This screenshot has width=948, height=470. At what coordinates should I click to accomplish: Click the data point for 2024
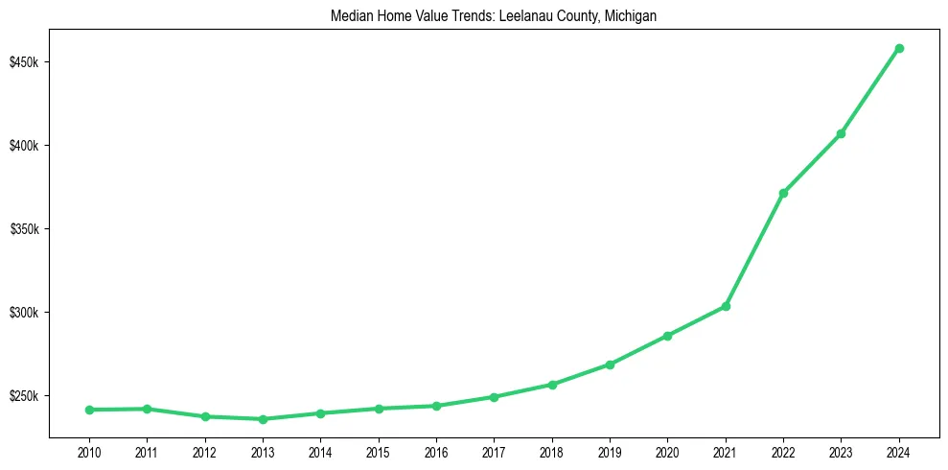pyautogui.click(x=899, y=48)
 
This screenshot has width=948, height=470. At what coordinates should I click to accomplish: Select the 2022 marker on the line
pyautogui.click(x=783, y=193)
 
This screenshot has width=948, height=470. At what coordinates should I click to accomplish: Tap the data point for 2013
pyautogui.click(x=263, y=419)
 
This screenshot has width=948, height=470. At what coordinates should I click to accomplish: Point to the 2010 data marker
pyautogui.click(x=89, y=410)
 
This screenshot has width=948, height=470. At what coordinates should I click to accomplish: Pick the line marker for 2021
pyautogui.click(x=726, y=306)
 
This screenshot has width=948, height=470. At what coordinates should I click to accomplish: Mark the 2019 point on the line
pyautogui.click(x=610, y=364)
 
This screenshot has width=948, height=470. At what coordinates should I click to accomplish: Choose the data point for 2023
pyautogui.click(x=841, y=133)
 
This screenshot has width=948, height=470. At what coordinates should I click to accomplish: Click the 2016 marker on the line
pyautogui.click(x=436, y=406)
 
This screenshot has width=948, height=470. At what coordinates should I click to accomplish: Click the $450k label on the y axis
pyautogui.click(x=24, y=62)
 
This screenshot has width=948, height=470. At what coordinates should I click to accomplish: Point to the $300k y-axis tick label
pyautogui.click(x=24, y=313)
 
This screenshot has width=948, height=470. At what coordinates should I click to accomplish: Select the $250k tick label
pyautogui.click(x=24, y=396)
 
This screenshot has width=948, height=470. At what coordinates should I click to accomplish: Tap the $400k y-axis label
pyautogui.click(x=24, y=146)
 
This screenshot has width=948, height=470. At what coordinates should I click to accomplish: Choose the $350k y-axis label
pyautogui.click(x=24, y=229)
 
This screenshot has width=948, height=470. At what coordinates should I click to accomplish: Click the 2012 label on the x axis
pyautogui.click(x=205, y=453)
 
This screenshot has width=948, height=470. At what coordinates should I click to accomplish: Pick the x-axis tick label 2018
pyautogui.click(x=552, y=453)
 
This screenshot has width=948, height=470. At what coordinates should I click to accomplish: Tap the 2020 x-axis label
pyautogui.click(x=667, y=453)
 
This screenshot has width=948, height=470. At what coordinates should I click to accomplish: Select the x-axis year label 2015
pyautogui.click(x=379, y=453)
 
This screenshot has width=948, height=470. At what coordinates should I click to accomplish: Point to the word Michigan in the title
pyautogui.click(x=631, y=16)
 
